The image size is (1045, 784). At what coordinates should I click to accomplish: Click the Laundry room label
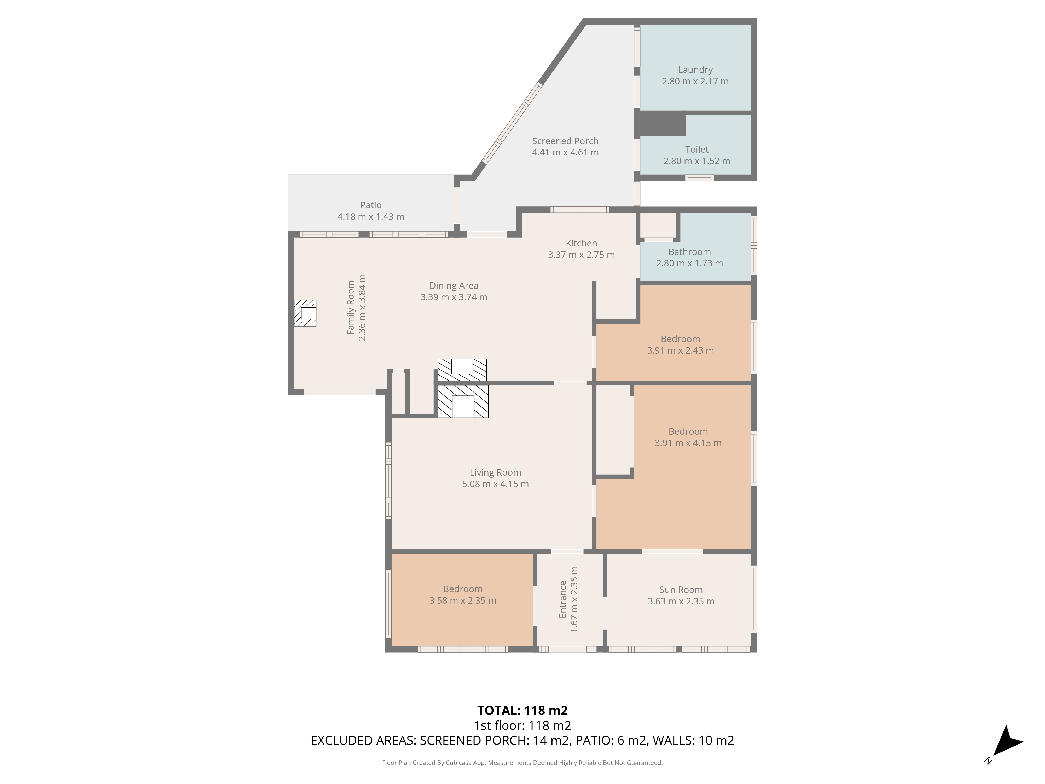[695, 70]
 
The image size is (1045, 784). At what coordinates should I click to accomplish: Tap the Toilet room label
[697, 149]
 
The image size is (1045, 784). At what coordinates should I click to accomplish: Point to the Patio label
[371, 205]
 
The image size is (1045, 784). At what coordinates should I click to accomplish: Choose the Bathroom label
[689, 252]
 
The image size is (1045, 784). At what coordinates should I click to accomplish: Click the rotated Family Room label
[351, 308]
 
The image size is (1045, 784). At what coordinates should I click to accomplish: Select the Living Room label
[495, 472]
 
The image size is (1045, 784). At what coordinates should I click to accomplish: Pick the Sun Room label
[681, 590]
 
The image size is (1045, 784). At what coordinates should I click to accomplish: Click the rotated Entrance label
[563, 599]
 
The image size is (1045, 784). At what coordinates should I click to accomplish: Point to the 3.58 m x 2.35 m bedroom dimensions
[462, 601]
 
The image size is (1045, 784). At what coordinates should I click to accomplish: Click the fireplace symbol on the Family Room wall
[305, 313]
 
